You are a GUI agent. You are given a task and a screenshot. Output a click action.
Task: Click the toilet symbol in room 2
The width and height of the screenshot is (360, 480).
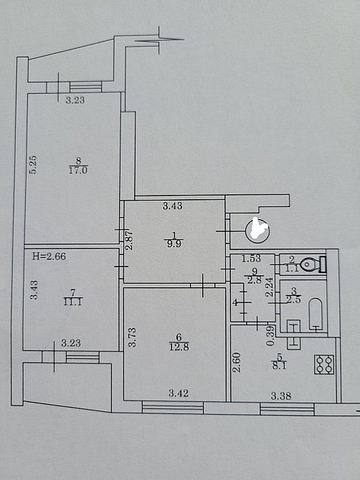pyautogui.click(x=313, y=264)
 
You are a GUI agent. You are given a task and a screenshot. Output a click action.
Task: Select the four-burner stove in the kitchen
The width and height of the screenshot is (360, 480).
pyautogui.click(x=323, y=364)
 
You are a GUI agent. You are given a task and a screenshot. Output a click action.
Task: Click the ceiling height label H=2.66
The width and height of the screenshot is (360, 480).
pyautogui.click(x=49, y=256)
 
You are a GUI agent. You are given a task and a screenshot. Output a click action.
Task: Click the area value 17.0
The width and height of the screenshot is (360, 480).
pyautogui.click(x=78, y=171)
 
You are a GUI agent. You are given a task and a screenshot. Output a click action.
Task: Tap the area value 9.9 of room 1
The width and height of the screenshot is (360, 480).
pyautogui.click(x=174, y=244)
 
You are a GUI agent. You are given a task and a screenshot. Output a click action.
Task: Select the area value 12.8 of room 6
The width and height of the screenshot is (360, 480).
pyautogui.click(x=179, y=347)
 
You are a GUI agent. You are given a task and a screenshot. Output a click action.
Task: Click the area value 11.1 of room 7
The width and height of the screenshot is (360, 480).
pyautogui.click(x=72, y=302)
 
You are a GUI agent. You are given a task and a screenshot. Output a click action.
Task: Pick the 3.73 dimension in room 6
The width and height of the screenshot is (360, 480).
pyautogui.click(x=132, y=337)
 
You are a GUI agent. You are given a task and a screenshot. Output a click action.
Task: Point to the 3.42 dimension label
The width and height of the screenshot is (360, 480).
pyautogui.click(x=179, y=393)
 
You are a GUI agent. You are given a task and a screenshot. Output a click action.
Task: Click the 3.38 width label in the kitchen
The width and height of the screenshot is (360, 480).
pyautogui.click(x=281, y=396)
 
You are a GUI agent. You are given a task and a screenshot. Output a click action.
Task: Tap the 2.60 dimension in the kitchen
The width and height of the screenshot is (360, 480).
pyautogui.click(x=237, y=363)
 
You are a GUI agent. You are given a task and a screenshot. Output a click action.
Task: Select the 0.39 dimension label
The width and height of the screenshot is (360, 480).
pyautogui.click(x=270, y=337)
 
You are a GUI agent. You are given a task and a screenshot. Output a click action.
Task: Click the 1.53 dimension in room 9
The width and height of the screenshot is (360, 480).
pyautogui.click(x=251, y=259)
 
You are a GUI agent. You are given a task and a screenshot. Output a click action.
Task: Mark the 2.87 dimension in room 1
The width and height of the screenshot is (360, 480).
pyautogui.click(x=129, y=240)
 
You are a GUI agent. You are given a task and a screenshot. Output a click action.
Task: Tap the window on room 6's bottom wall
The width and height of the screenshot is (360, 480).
pyautogui.click(x=173, y=408)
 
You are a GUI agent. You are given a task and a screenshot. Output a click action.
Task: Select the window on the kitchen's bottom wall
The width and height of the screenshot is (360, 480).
pyautogui.click(x=287, y=409)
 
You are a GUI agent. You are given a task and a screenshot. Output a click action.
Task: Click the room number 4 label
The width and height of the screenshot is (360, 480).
pyautogui.click(x=235, y=303)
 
